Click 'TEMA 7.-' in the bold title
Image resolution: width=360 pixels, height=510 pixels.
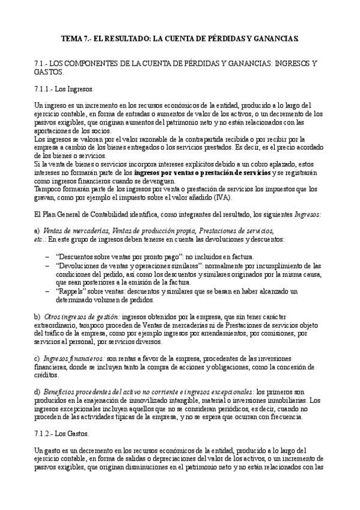click(77, 38)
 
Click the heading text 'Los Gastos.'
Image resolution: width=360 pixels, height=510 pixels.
click(75, 434)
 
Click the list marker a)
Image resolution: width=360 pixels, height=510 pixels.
click(37, 230)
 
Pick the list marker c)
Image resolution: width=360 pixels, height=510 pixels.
click(37, 358)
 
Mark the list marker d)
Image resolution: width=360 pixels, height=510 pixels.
click(37, 392)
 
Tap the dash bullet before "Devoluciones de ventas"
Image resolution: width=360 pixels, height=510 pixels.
click(47, 265)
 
